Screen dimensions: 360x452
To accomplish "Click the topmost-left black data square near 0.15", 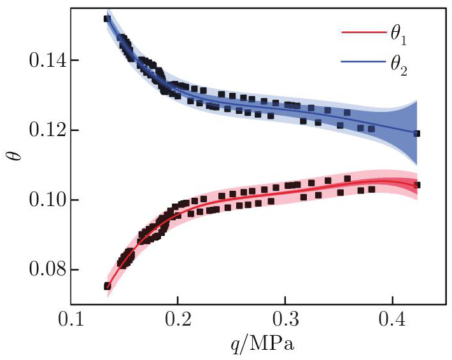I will tap(107, 18).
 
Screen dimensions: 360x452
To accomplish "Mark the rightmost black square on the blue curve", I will tap(416, 134).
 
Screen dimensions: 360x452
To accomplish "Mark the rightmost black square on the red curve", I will tap(417, 185).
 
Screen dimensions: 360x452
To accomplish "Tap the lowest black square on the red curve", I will tap(107, 286).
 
